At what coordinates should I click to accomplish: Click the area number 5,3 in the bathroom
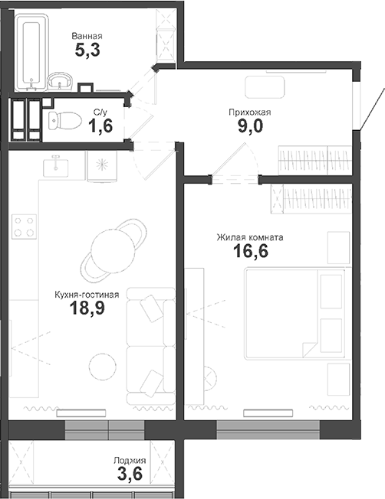tap(86, 52)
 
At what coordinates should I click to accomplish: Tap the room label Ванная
tap(86, 36)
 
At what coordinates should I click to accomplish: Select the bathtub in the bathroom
tap(31, 52)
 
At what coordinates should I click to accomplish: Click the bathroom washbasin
tap(59, 80)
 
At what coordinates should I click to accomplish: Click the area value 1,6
tap(100, 126)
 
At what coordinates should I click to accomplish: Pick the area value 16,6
tap(250, 253)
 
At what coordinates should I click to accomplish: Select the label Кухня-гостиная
tap(86, 294)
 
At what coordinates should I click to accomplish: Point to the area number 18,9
tap(86, 309)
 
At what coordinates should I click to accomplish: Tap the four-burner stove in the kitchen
tap(23, 227)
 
